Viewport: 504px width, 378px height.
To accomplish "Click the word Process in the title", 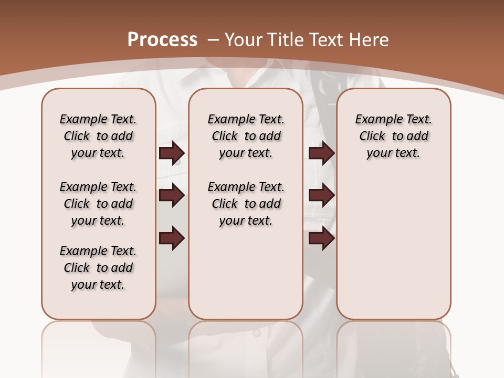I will point(162,39).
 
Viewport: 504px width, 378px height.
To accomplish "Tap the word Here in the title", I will point(370,40).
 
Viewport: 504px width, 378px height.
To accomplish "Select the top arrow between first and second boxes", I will point(172,153).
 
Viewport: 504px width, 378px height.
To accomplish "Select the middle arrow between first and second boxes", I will point(172,195).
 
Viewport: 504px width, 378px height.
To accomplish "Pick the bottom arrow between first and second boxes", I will point(172,238).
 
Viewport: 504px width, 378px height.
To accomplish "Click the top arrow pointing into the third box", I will point(321,153).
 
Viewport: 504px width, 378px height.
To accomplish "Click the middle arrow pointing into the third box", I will point(321,195).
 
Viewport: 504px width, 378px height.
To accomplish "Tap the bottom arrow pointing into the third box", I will point(321,238).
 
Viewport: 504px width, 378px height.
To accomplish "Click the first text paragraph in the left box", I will point(98,136).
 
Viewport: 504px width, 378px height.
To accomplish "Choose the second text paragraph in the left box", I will point(98,204).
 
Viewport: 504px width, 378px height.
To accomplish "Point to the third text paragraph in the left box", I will point(98,268).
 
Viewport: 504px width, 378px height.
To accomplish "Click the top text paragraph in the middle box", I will point(246,136).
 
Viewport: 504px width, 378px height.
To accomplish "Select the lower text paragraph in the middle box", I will point(246,204).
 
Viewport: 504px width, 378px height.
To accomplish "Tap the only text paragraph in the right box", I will point(393,136).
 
